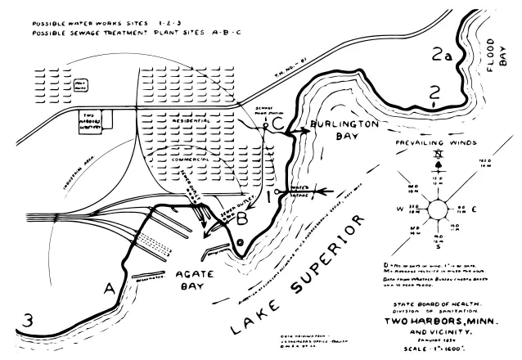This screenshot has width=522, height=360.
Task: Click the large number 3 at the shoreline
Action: pos(29,321)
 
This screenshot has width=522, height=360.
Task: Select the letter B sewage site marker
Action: pos(242,218)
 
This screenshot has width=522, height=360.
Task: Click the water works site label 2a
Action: pos(442,56)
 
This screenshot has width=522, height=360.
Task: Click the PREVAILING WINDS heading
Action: pos(434,142)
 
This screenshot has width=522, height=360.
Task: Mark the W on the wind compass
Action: pos(401,209)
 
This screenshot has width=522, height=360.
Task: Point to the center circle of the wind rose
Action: pos(438,209)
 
